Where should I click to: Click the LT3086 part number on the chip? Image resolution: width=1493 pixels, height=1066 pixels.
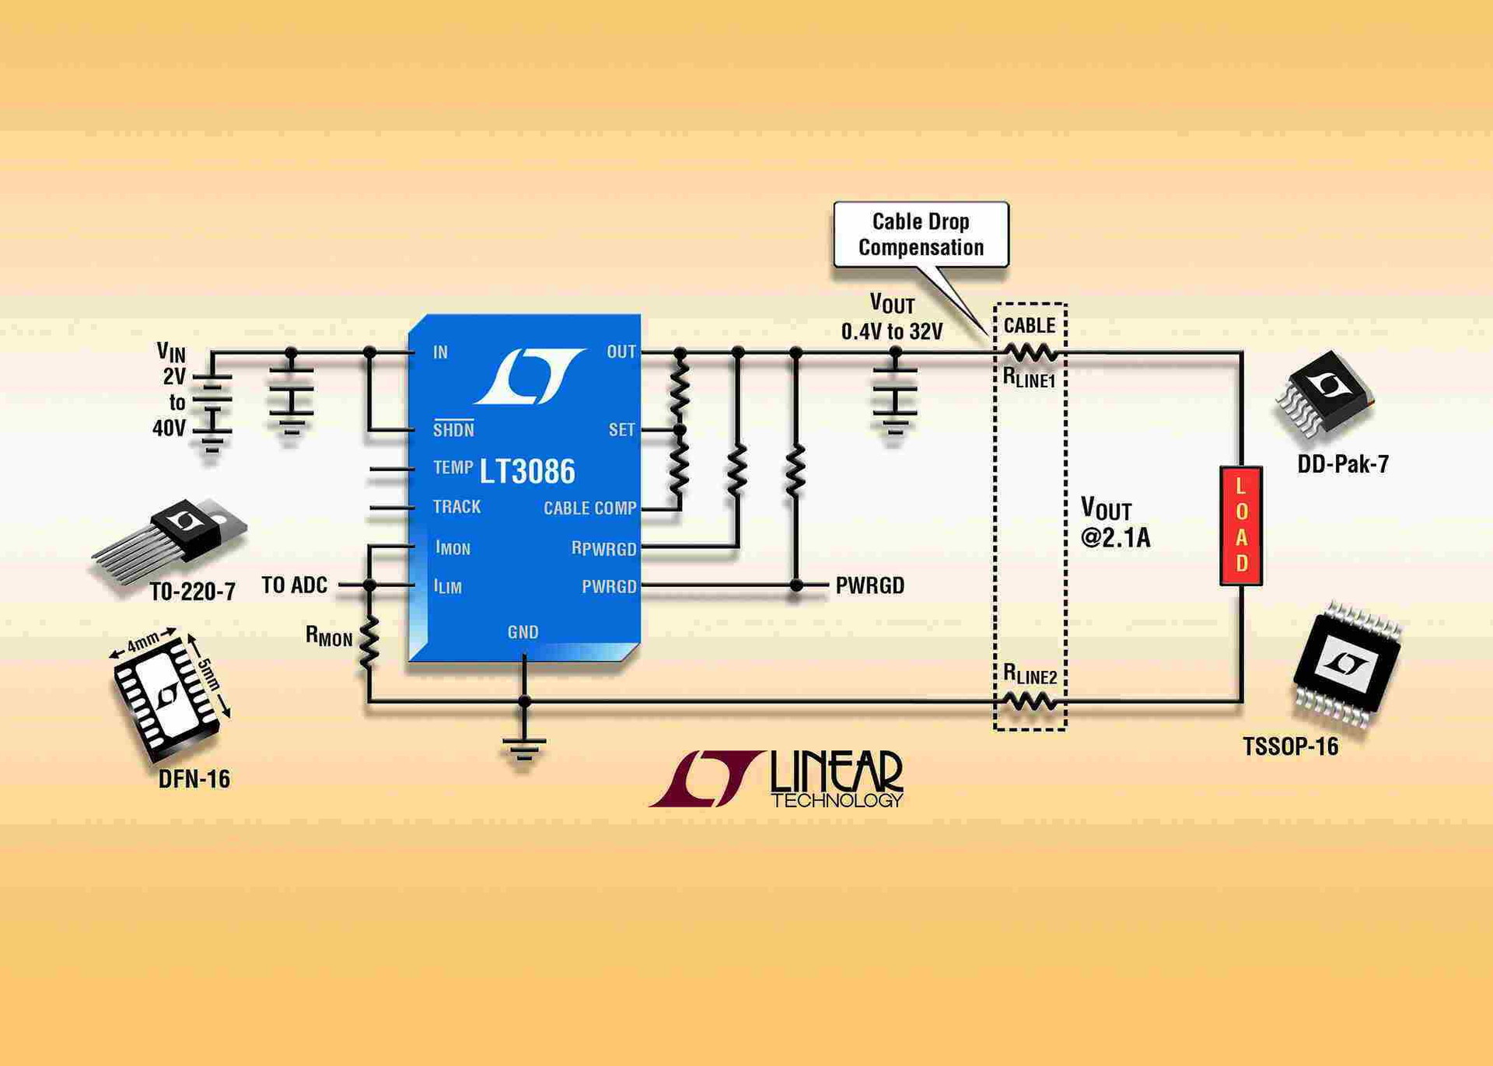click(526, 471)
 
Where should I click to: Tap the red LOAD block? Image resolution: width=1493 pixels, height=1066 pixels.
click(1240, 526)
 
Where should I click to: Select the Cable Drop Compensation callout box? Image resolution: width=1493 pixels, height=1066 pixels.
click(921, 235)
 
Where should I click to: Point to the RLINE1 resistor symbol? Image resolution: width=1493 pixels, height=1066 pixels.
click(1030, 353)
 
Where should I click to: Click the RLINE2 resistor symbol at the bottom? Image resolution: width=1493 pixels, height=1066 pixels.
click(1030, 702)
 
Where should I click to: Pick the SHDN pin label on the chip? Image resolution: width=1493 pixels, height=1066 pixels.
click(453, 430)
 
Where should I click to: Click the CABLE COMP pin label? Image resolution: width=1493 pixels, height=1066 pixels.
click(589, 509)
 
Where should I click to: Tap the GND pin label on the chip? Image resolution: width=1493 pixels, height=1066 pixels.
click(523, 632)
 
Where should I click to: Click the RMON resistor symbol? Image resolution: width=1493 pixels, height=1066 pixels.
click(369, 642)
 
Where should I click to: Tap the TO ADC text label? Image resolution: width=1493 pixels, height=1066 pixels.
click(294, 585)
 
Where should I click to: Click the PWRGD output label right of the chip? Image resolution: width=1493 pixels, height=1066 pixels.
click(869, 585)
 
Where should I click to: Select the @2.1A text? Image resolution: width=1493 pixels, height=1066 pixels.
click(1115, 538)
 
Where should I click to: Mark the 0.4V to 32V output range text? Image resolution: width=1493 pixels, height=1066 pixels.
click(891, 332)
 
